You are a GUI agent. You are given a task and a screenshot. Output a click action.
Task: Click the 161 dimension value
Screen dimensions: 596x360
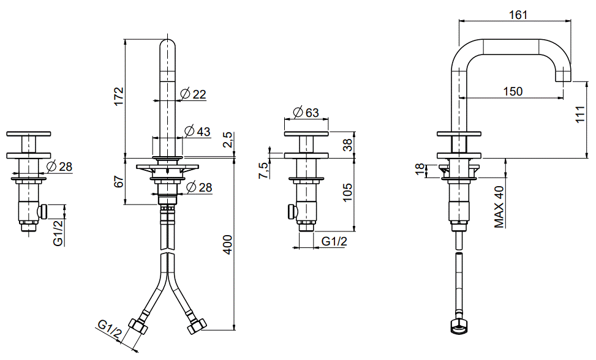[518, 15]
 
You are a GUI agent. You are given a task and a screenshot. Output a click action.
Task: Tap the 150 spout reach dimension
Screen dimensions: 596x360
[513, 91]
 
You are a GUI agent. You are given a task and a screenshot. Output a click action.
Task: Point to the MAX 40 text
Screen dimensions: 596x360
[499, 206]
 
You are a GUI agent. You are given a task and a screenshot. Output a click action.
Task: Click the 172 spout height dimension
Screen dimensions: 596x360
[119, 97]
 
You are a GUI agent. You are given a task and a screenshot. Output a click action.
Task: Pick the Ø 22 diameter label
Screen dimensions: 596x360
[194, 94]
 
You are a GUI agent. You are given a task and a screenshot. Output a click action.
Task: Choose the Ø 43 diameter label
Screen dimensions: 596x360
[198, 131]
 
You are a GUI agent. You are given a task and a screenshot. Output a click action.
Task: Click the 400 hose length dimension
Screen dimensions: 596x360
[227, 244]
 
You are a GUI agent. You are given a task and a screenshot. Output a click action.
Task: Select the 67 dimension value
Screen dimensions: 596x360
[119, 181]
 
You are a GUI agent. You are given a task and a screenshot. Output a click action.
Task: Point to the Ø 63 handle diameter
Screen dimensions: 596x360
[306, 113]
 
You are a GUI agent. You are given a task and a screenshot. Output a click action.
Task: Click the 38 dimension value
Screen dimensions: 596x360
[347, 144]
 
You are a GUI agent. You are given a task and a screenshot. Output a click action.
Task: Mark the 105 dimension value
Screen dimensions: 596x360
[347, 192]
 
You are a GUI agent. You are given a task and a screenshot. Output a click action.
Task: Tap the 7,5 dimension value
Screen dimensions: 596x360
[263, 170]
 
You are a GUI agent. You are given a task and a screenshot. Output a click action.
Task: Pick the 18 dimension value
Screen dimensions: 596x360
[420, 170]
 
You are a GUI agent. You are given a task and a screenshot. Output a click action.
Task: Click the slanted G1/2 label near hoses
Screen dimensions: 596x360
[110, 329]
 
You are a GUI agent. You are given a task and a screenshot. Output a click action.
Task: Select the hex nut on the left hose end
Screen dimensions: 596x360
[138, 326]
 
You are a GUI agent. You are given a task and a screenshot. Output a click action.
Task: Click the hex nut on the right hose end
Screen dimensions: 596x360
[197, 326]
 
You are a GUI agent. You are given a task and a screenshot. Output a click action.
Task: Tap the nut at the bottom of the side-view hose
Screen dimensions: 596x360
[459, 327]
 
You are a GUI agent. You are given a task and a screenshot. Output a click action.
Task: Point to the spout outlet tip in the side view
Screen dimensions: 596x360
[564, 80]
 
